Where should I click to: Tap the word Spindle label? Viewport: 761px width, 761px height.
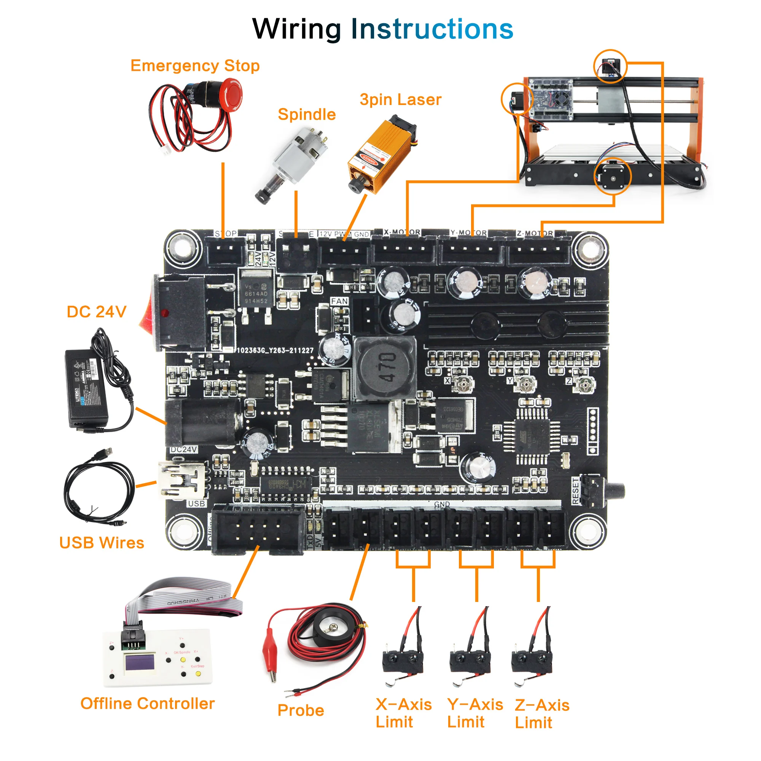coord(306,115)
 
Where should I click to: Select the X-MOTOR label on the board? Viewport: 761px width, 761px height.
coord(402,232)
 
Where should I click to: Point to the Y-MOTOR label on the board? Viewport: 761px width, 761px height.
coord(469,233)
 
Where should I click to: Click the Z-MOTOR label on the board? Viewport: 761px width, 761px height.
coord(535,234)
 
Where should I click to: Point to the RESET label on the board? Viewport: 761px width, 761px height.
coord(576,491)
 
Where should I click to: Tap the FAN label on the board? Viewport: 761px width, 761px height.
coord(339,301)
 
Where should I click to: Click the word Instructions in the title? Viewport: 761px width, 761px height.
coord(432,29)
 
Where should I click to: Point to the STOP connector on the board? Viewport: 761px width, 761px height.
coord(225,252)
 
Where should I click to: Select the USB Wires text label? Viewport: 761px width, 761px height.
coord(102,543)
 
